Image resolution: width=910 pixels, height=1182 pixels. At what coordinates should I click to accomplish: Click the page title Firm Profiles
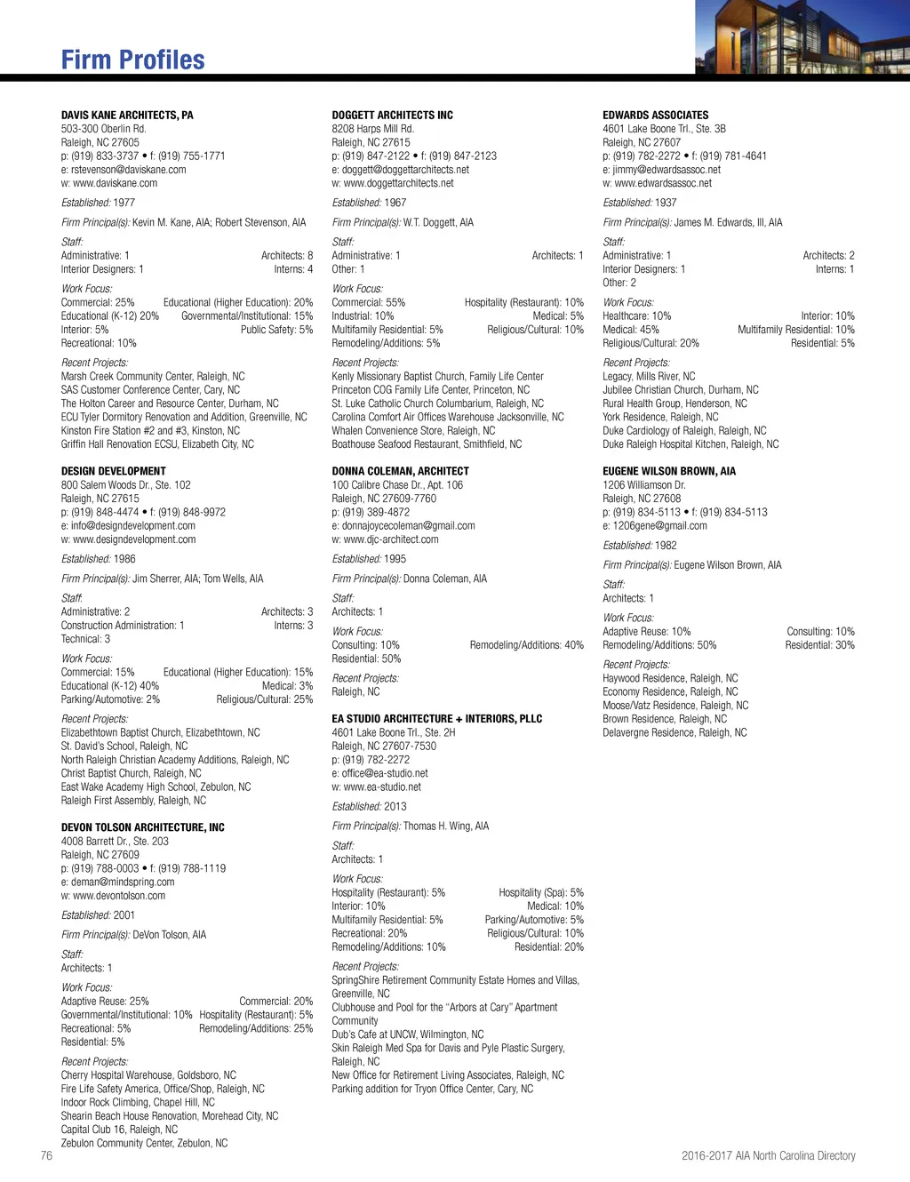(x=132, y=60)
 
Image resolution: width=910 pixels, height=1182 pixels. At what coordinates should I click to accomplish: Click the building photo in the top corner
(x=802, y=36)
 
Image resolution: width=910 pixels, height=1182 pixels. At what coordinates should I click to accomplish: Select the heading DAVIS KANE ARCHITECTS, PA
(x=127, y=116)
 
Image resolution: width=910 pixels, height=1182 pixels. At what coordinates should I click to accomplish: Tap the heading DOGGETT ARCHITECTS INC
(x=392, y=116)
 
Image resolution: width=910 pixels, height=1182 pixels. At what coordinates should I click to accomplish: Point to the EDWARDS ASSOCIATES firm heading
(x=655, y=116)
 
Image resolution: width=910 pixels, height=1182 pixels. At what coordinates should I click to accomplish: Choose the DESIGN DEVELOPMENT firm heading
(x=113, y=471)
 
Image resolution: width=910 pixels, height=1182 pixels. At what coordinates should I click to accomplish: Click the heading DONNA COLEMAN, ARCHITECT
(x=400, y=471)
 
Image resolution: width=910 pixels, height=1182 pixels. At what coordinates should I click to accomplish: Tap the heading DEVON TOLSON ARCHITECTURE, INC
(x=142, y=827)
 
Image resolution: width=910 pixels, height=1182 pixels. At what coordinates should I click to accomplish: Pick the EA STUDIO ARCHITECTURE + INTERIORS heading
(x=436, y=719)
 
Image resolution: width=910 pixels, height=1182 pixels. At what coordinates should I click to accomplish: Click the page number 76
(x=46, y=1155)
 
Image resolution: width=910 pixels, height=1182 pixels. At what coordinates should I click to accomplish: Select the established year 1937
(x=666, y=203)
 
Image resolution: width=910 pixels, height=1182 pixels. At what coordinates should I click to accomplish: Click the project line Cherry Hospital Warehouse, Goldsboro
(x=148, y=1075)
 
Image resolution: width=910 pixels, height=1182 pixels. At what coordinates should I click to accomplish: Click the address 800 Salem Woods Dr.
(x=125, y=485)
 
